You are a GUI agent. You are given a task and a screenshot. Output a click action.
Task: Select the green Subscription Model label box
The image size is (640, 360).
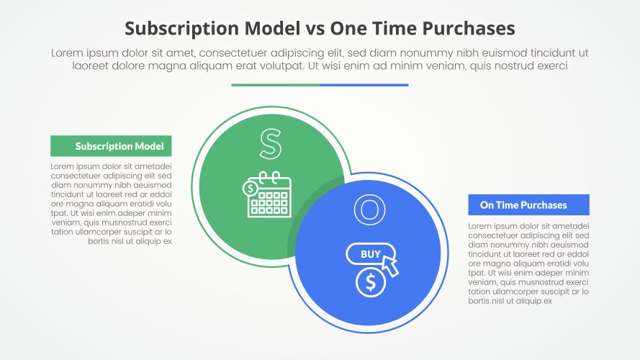point(111,146)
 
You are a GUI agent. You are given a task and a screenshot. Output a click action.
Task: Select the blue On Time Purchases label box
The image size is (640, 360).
point(528,205)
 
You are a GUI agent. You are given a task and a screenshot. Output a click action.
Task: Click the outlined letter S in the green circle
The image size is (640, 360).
point(271,144)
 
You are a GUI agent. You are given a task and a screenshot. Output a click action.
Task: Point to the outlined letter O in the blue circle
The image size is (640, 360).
point(369,210)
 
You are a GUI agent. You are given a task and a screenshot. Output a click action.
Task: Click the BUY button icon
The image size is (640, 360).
point(371,254)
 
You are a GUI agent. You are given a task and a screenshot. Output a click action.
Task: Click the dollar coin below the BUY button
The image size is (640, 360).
point(371,282)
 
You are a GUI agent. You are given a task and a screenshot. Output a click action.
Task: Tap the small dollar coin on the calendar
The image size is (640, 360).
point(250,189)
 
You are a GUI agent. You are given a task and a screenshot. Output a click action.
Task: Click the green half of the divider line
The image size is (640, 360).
point(276,85)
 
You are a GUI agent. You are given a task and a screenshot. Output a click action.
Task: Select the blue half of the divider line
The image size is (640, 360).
point(364,85)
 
